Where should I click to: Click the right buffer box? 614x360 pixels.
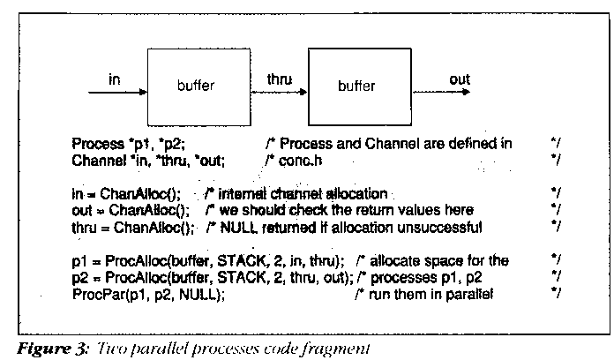pyautogui.click(x=356, y=86)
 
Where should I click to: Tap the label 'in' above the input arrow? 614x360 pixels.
pyautogui.click(x=115, y=79)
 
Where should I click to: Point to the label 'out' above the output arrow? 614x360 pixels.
pyautogui.click(x=460, y=79)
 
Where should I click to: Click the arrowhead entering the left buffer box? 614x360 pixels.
pyautogui.click(x=142, y=93)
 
